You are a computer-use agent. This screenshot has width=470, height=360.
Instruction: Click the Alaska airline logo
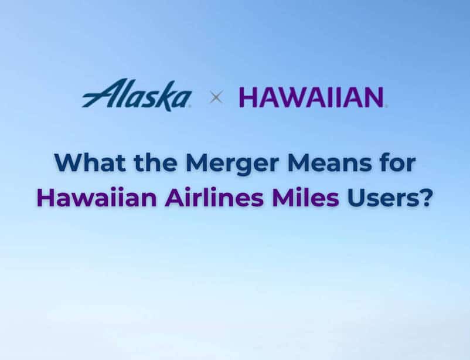pyautogui.click(x=137, y=94)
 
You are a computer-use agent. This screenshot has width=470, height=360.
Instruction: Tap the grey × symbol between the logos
pyautogui.click(x=216, y=98)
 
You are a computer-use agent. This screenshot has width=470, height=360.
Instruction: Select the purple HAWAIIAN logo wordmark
pyautogui.click(x=312, y=97)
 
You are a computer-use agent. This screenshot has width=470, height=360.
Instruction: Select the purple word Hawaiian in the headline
pyautogui.click(x=97, y=198)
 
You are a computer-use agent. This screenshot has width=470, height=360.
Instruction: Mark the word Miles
pyautogui.click(x=305, y=198)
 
